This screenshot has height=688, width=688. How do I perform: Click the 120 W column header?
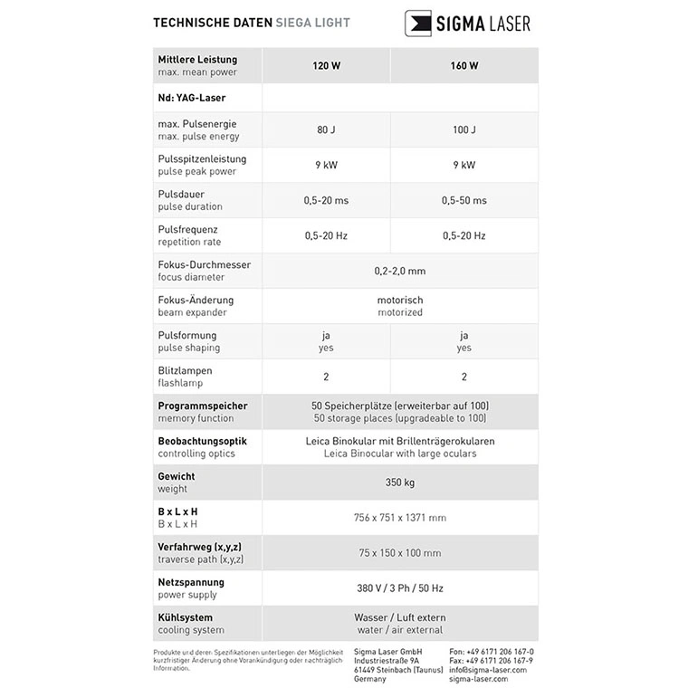326,65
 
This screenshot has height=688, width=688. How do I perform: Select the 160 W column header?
463,65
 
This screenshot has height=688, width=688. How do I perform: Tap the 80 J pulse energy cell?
326,129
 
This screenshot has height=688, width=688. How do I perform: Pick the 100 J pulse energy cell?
463,129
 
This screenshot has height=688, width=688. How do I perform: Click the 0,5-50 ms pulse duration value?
463,200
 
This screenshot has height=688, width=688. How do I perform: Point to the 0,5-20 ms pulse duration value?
326,200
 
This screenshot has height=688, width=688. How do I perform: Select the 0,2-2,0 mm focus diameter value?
399,271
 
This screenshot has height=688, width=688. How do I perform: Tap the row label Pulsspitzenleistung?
202,158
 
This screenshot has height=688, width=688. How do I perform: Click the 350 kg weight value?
399,483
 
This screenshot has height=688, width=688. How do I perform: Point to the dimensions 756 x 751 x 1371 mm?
399,518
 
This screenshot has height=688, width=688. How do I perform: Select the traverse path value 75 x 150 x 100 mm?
399,553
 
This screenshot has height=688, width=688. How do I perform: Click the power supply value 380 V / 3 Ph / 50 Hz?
399,588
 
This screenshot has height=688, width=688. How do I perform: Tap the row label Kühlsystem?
186,617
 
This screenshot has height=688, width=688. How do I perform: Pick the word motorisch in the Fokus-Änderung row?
399,300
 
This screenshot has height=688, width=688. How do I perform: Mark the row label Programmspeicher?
202,406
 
